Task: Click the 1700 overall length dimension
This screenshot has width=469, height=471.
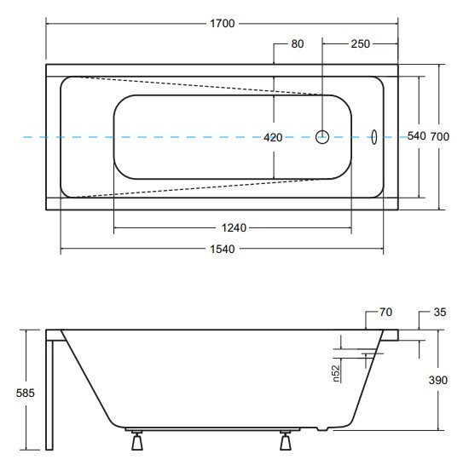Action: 222,24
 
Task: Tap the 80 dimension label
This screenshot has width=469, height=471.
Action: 298,43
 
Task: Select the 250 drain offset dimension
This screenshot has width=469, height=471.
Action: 360,43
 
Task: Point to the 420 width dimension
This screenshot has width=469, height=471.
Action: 273,138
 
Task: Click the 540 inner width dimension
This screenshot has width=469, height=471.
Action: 417,136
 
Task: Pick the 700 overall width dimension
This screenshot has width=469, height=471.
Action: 440,136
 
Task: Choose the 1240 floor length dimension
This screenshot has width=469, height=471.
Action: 234,228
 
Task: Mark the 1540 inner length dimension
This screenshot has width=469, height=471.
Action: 222,249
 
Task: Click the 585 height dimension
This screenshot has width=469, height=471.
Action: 26,393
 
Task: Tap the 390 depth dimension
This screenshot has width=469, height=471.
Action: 438,380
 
